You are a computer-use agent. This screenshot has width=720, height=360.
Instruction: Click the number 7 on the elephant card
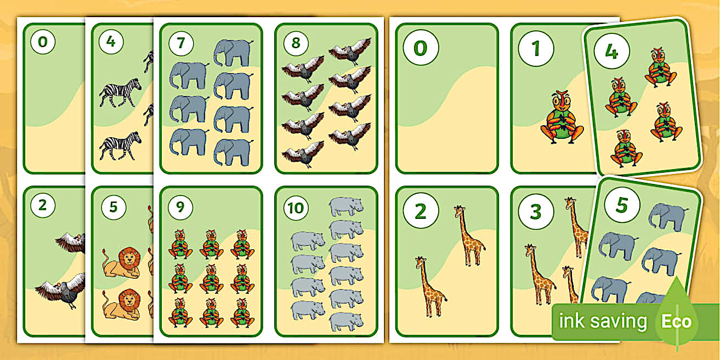[x=181, y=43]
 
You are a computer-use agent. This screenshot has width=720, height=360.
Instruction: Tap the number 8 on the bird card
[x=296, y=43]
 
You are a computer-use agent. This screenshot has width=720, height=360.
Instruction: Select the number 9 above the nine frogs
[x=181, y=207]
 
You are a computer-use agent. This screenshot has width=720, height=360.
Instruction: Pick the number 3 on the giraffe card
[x=535, y=211]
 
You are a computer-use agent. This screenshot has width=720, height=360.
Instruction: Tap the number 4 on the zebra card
[x=111, y=43]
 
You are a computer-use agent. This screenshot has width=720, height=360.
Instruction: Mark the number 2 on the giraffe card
[x=420, y=211]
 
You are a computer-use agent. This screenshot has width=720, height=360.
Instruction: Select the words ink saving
[x=602, y=321]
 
